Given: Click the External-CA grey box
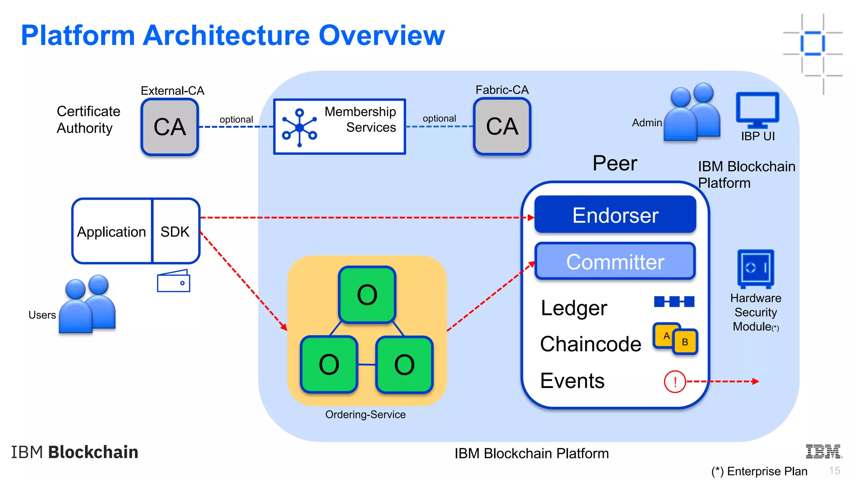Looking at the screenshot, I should pos(170,127).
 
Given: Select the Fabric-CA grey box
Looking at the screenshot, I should pos(502,126).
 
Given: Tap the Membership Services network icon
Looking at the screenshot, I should pos(299,127).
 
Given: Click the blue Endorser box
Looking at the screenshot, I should pos(615,215).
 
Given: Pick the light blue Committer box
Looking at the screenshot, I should pos(615,262).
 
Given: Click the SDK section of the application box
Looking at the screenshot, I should pos(175,232).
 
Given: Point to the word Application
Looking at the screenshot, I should pos(111,232).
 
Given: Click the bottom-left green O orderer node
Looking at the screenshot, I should pos(329,365).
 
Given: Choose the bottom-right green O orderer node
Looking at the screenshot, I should pos(404,365).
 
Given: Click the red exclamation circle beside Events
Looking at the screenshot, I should pos(675,381).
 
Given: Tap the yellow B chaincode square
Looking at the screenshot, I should pos(685,342).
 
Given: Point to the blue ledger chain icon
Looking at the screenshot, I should pos(674,301).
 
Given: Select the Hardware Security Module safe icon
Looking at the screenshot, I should pos(756,269).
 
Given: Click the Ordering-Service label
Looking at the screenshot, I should pos(365,415).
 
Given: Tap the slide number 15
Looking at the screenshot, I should pos(834,470).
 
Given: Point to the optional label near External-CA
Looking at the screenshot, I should pos(236,120).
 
